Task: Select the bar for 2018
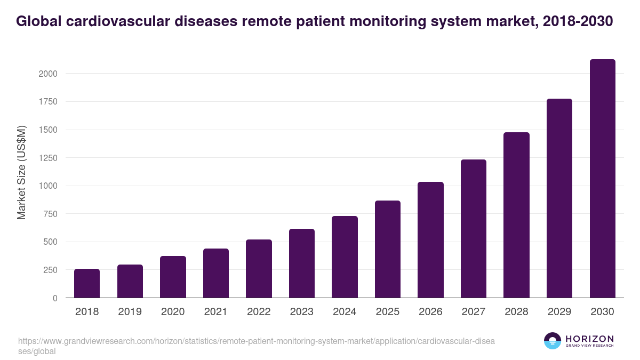click(87, 283)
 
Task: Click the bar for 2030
click(602, 179)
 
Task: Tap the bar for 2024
click(345, 257)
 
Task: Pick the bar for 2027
click(474, 229)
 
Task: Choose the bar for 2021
click(216, 273)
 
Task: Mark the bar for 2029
click(559, 198)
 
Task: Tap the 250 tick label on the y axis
click(50, 270)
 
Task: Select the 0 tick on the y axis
click(55, 298)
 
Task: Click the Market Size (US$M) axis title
click(21, 172)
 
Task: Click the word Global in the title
click(38, 21)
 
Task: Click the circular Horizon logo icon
click(553, 341)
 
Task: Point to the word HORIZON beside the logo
click(589, 339)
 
